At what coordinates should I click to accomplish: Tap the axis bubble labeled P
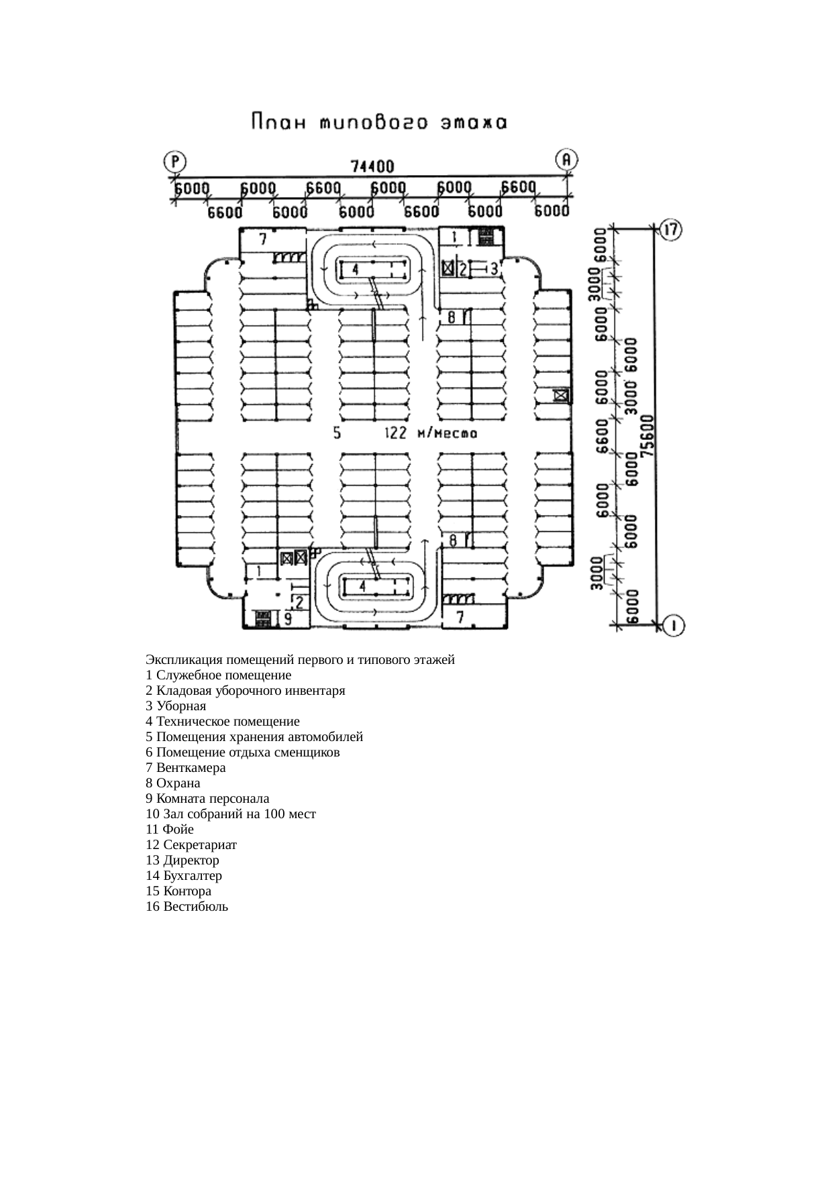pos(176,162)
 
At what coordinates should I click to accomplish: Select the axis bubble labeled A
pos(567,160)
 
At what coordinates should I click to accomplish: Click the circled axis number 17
pos(670,229)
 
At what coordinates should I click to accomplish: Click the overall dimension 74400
pos(372,166)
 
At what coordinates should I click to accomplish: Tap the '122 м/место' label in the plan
pos(430,433)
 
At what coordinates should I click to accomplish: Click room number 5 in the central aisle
pos(337,433)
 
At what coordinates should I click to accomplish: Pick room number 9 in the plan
pos(287,618)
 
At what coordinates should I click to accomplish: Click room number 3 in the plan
pos(495,269)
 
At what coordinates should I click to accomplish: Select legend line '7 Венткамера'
pos(186,768)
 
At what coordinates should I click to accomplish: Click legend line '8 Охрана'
pos(173,783)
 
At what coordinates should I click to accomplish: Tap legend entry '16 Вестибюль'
pos(187,907)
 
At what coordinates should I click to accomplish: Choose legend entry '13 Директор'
pos(183,860)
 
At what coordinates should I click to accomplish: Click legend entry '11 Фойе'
pos(170,830)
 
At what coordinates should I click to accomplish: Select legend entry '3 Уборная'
pos(176,706)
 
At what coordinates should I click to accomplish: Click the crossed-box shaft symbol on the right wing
pos(562,396)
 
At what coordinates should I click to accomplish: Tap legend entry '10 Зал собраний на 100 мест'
pos(231,814)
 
